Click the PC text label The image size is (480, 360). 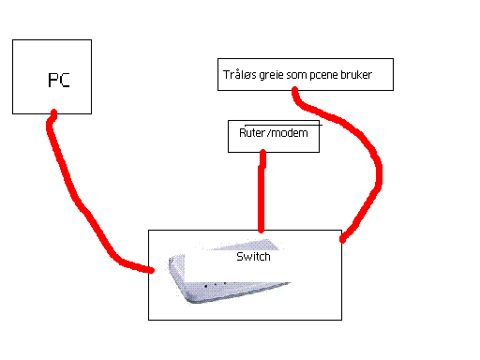coord(59,80)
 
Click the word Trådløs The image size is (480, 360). coord(239,74)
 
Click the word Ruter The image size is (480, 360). coord(252,133)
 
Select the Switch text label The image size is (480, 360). coord(253,257)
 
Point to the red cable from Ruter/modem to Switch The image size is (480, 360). coord(262,191)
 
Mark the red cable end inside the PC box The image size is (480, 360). coord(53,112)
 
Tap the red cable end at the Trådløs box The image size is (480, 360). coord(295,91)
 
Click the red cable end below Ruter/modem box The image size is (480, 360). coord(262,153)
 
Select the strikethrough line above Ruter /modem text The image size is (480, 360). coord(283,125)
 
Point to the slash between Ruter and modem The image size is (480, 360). coord(268,133)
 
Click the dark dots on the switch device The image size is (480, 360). coord(216,284)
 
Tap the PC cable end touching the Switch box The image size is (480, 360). coord(151,270)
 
